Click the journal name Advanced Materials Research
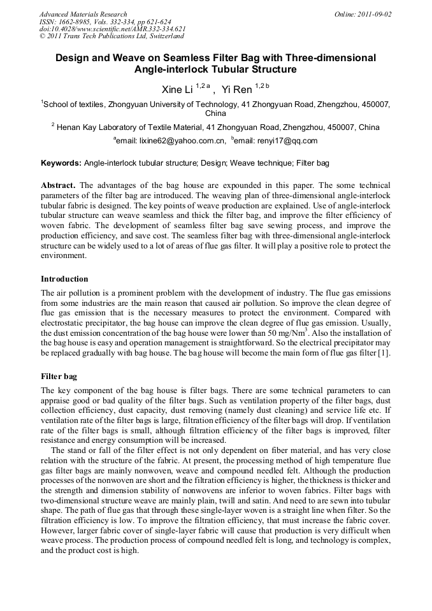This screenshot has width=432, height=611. point(83,14)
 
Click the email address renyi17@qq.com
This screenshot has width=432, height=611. point(285,141)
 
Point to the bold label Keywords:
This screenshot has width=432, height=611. point(61,164)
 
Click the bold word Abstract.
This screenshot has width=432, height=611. point(59,185)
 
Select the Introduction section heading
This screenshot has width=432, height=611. point(64,279)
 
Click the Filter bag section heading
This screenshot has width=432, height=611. point(59,377)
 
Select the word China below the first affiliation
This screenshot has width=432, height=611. point(215,113)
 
